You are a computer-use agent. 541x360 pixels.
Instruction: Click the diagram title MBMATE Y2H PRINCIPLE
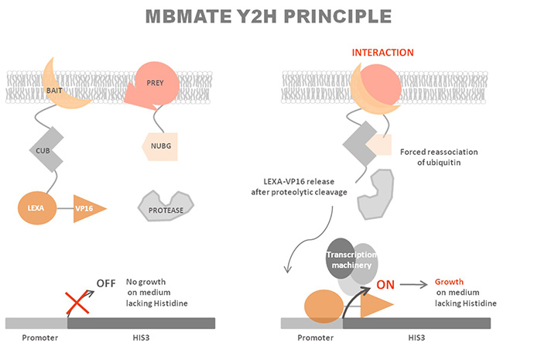click(270, 16)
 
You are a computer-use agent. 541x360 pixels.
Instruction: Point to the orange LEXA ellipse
click(36, 209)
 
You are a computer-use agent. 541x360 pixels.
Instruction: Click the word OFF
click(107, 283)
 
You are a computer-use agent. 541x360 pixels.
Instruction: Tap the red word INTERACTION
click(382, 53)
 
